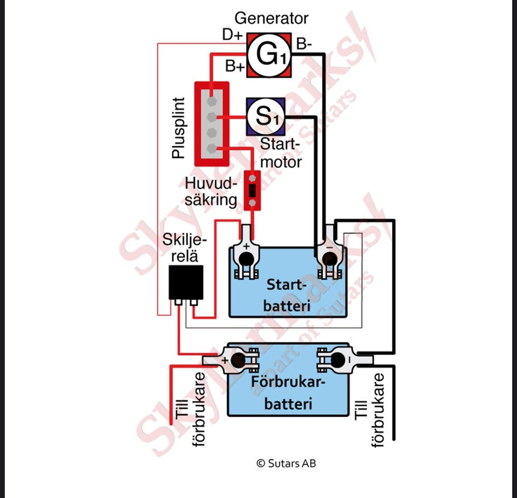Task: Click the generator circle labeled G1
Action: coord(268,54)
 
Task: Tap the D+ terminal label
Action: coord(233,35)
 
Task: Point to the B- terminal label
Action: coord(304,45)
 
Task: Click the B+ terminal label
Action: coord(235,67)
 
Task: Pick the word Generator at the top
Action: coord(271,18)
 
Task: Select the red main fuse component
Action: coord(252,190)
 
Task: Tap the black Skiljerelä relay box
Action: coord(186,282)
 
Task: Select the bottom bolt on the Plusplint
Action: coord(212,148)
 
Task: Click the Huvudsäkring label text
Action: coord(211,191)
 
